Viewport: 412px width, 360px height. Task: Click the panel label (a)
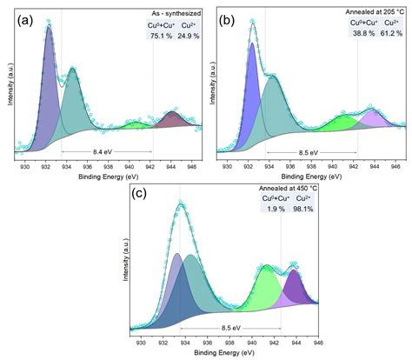(x=18, y=18)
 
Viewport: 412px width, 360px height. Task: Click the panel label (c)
(x=137, y=193)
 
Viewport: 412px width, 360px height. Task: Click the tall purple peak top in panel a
(x=48, y=28)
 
